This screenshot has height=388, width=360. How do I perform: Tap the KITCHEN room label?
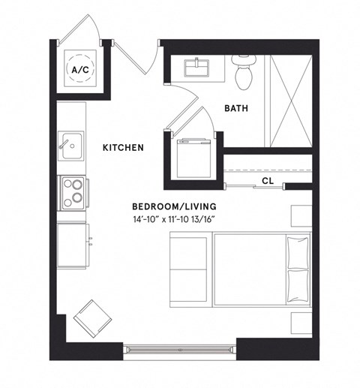pos(123,148)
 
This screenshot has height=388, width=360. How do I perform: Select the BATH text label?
pos(236,109)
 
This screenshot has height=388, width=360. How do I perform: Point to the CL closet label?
pos(268,181)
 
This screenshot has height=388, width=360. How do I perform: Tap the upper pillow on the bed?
pos(297,252)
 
